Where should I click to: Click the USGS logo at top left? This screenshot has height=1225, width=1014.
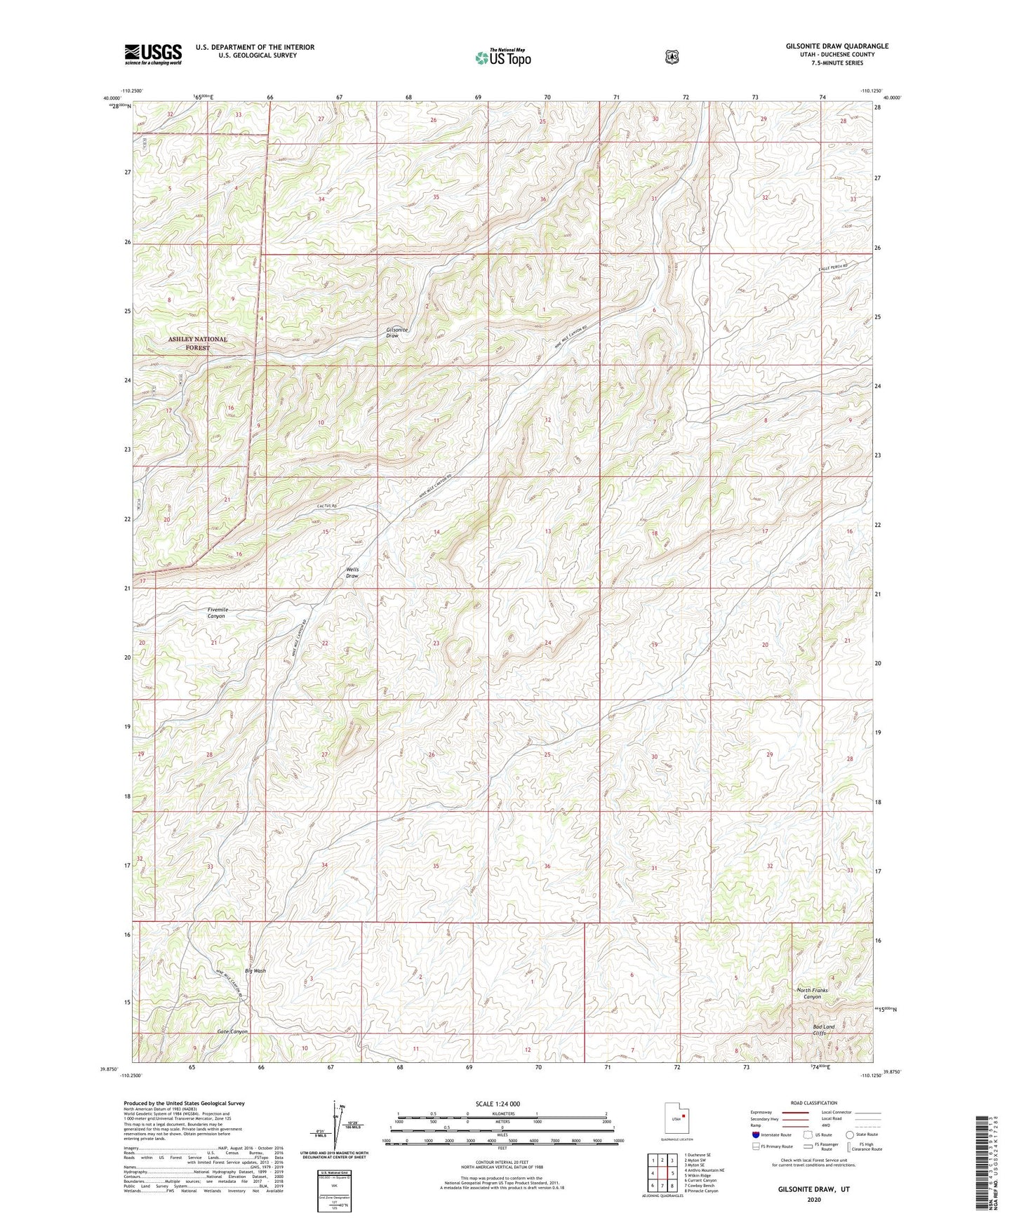pos(153,54)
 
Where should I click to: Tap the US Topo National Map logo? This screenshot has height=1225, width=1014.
pos(502,58)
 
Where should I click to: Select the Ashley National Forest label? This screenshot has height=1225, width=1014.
pos(197,343)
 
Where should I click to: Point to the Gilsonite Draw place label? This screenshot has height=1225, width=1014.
pos(396,333)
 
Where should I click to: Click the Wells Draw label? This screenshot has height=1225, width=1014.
pos(352,572)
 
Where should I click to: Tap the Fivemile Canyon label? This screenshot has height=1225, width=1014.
pos(216,612)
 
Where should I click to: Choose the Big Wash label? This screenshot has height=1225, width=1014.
pos(255,971)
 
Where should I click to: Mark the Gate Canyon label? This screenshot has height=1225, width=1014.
pos(232,1031)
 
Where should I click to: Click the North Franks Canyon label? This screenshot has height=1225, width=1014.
pos(812,993)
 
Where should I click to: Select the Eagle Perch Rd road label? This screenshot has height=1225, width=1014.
pos(833,267)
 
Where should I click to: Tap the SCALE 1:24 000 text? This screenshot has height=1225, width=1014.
pos(498,1104)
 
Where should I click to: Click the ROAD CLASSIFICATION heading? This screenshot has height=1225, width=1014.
pos(813,1103)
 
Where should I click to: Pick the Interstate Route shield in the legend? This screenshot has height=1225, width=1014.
pos(755,1134)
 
